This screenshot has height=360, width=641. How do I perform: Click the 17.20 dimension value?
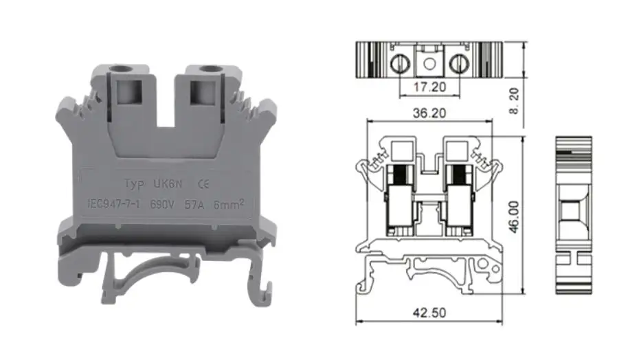(429, 87)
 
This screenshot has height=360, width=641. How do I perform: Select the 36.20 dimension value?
(429, 113)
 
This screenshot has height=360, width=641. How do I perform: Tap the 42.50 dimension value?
(429, 313)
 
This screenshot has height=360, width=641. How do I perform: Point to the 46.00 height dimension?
(514, 216)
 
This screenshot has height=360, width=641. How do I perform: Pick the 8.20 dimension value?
(514, 101)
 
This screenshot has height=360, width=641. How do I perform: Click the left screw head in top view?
(400, 64)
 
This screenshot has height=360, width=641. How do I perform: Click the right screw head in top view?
(458, 64)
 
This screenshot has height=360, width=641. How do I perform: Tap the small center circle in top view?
(429, 64)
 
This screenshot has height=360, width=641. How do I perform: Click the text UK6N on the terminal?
(168, 184)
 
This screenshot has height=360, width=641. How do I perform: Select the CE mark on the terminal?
(203, 184)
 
